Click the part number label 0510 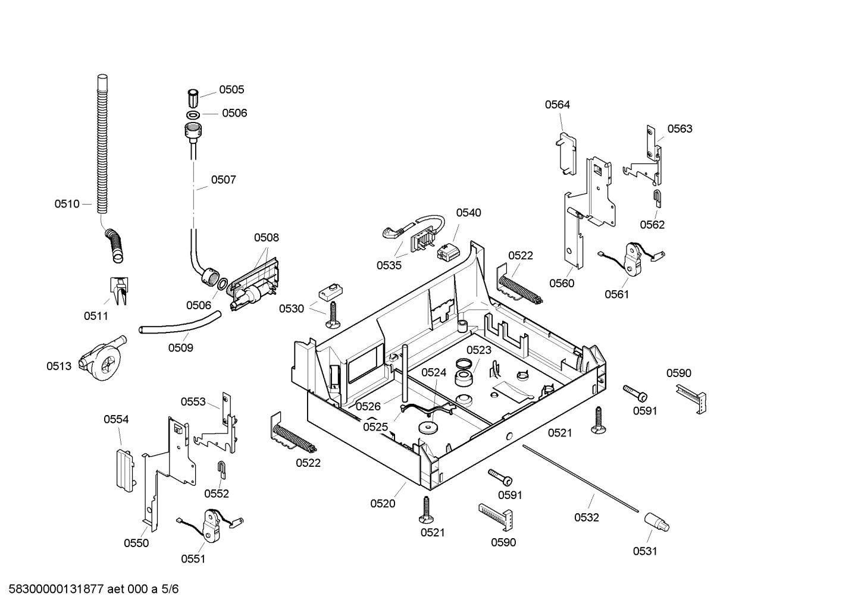click(x=67, y=204)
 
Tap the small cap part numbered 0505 click(x=192, y=96)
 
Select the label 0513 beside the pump click(x=59, y=366)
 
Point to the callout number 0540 click(x=469, y=212)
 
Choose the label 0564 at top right click(x=558, y=105)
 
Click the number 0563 click(x=679, y=128)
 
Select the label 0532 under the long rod click(x=586, y=517)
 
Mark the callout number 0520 click(x=383, y=503)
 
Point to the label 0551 click(x=193, y=558)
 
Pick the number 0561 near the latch click(x=616, y=294)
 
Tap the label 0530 click(x=292, y=309)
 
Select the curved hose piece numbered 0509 click(x=179, y=326)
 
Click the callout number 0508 click(x=266, y=237)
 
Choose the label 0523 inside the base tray click(x=478, y=350)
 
